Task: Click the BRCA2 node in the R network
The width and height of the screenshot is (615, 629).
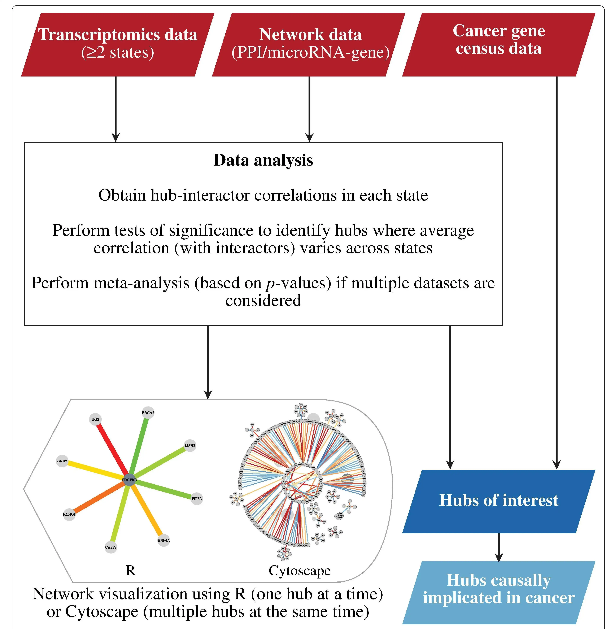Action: [x=148, y=412]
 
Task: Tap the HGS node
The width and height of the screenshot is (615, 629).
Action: [x=95, y=419]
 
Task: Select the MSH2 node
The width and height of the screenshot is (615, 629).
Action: [x=190, y=446]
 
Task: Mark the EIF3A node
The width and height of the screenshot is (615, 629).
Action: [x=197, y=498]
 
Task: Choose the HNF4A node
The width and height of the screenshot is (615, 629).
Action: [x=163, y=540]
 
